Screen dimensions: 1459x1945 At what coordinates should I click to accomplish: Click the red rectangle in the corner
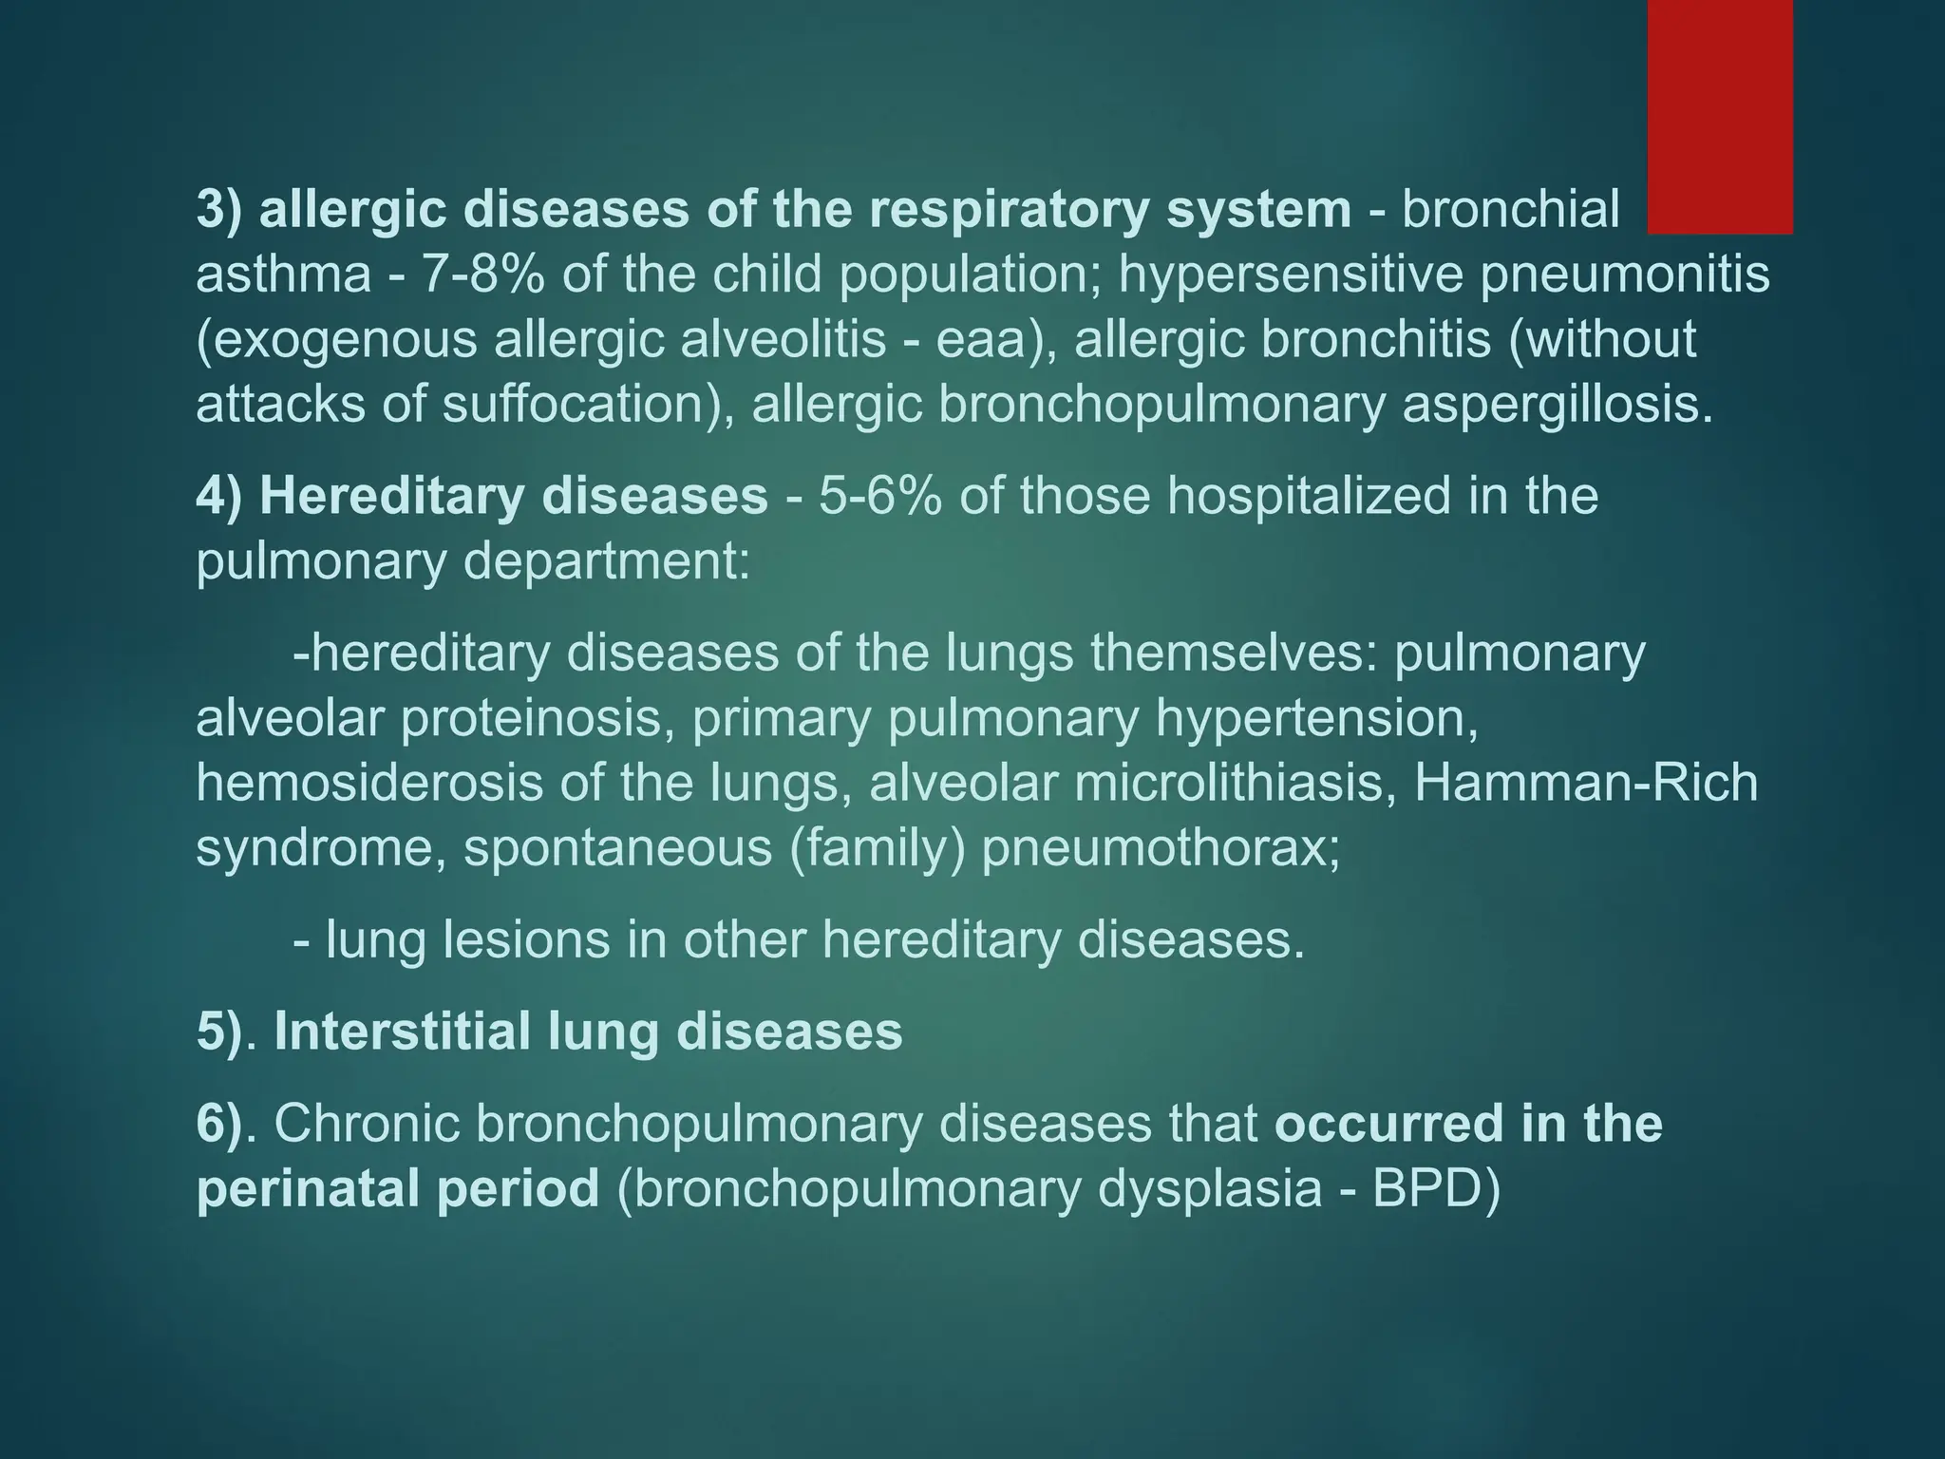tap(1719, 116)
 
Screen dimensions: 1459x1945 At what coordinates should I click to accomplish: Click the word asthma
tap(283, 275)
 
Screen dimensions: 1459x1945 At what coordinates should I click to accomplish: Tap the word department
tap(605, 561)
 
